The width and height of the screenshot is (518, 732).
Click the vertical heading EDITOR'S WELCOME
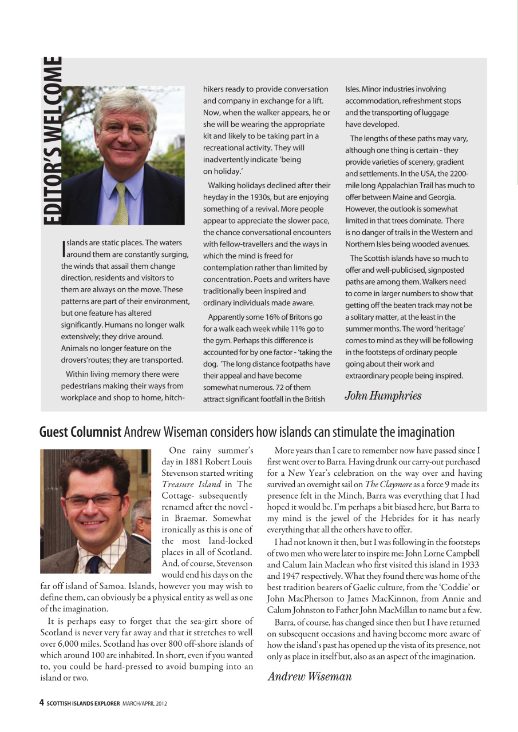coord(52,140)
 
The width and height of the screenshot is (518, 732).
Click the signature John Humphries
coord(382,395)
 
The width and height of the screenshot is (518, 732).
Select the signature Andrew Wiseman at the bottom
coord(310,677)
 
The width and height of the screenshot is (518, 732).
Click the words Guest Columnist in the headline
coord(80,432)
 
